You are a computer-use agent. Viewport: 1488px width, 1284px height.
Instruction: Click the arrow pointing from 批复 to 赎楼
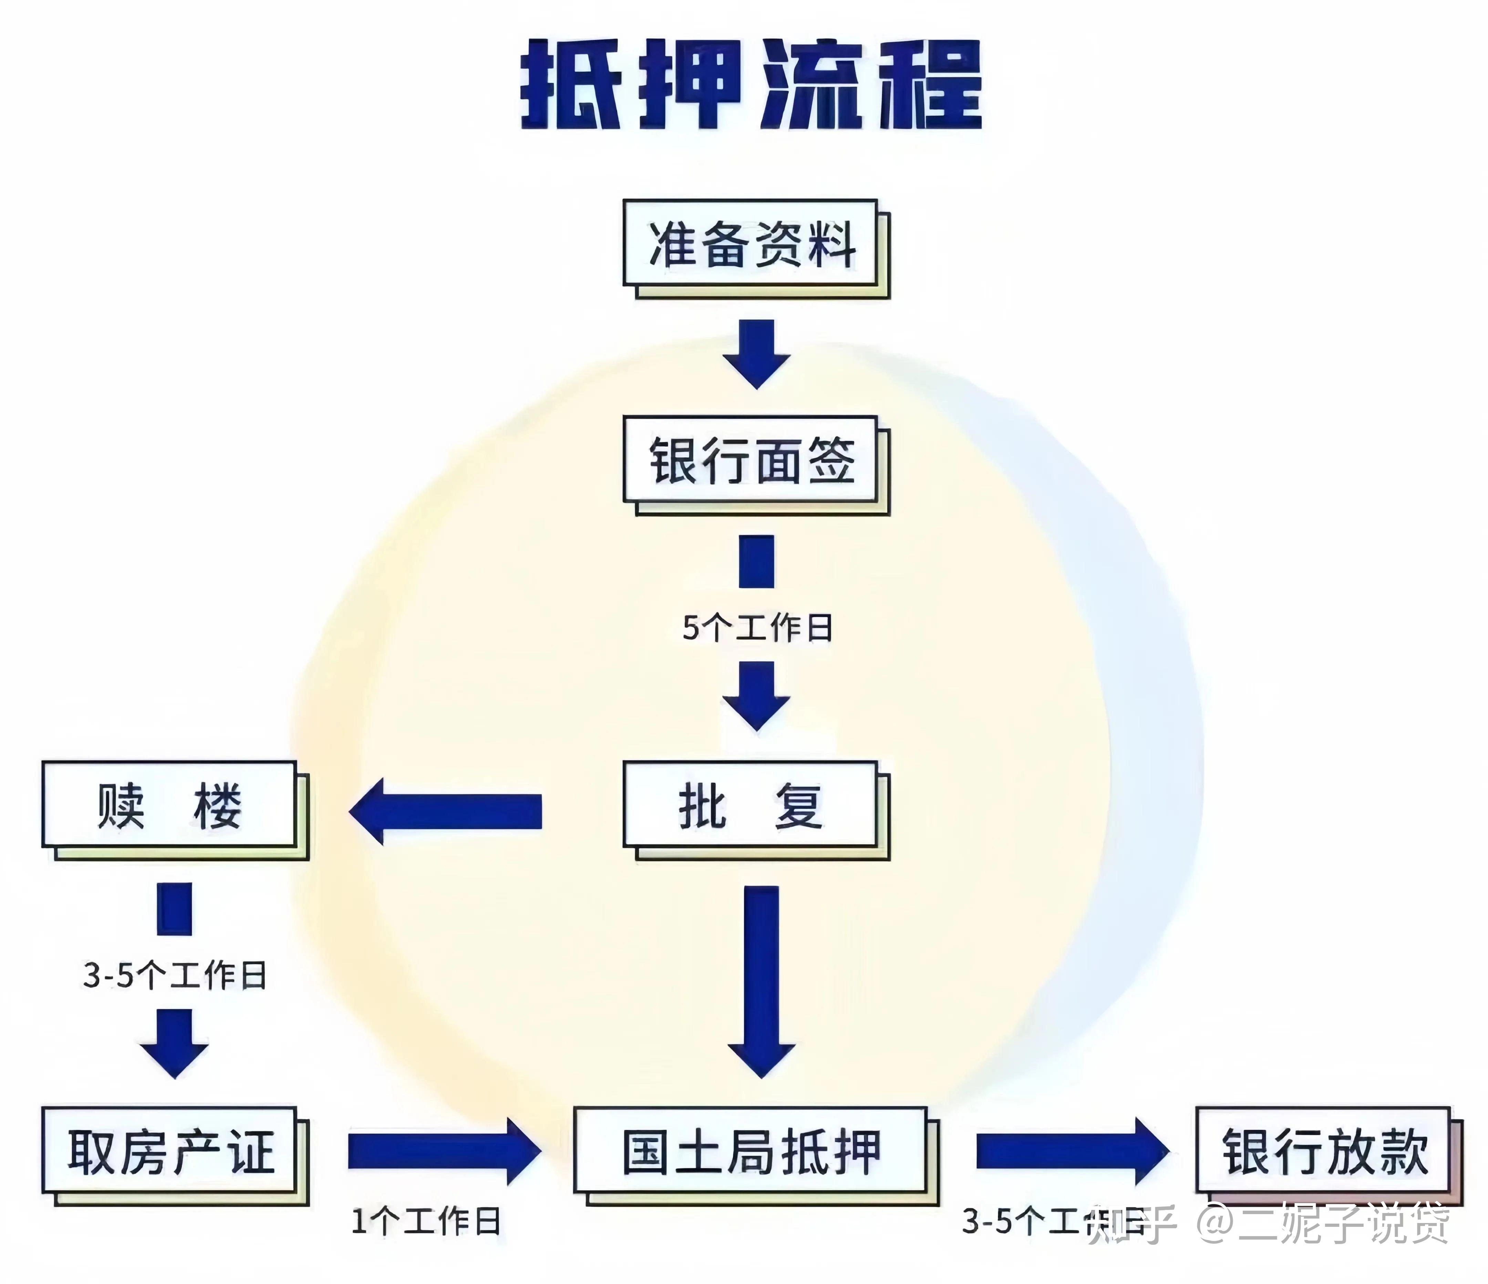445,811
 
